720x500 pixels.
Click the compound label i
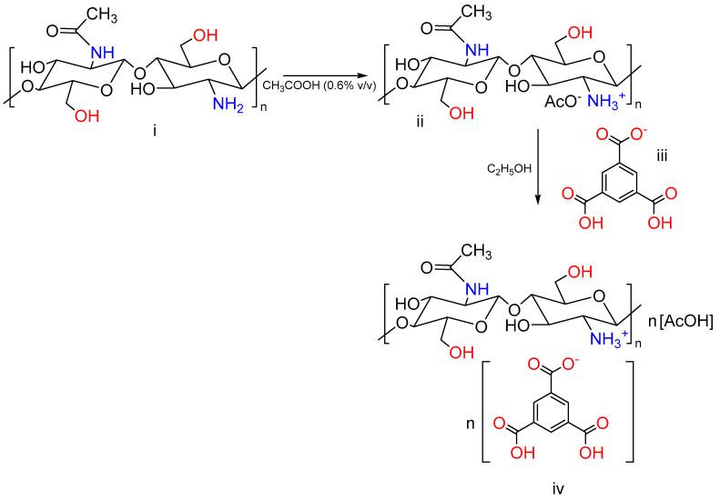(155, 131)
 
